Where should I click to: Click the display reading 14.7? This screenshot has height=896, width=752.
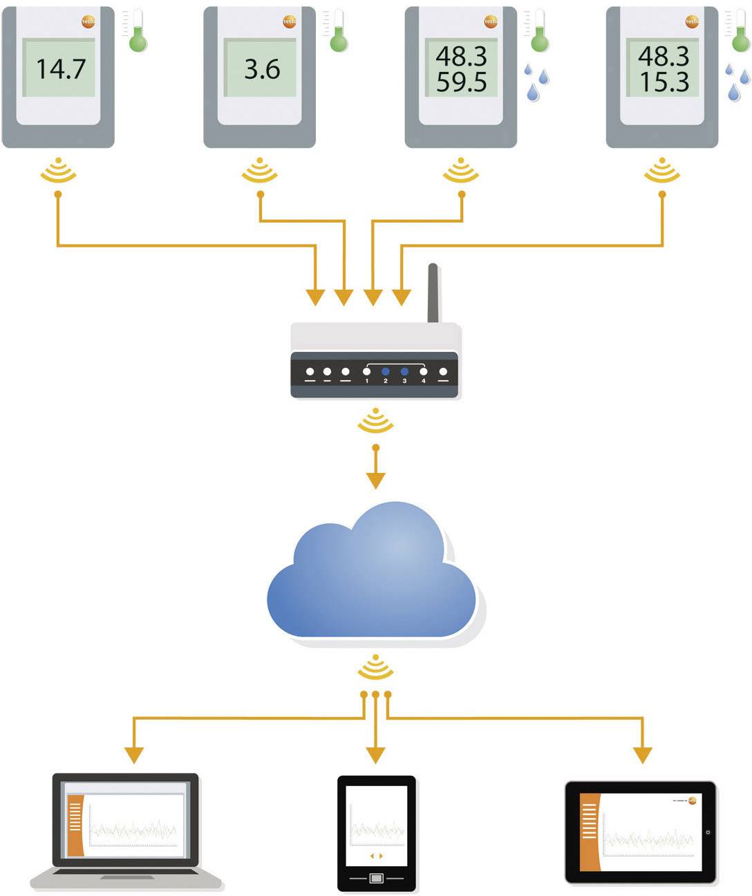[x=60, y=68]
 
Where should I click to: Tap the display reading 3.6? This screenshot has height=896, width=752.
[x=262, y=68]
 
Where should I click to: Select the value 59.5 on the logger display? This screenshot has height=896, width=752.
[x=461, y=82]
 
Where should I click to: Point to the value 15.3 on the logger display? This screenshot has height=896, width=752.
[x=663, y=82]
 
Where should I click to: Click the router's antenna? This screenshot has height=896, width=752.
[x=433, y=293]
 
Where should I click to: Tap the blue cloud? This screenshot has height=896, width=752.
[x=373, y=574]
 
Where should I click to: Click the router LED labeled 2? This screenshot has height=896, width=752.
[x=386, y=372]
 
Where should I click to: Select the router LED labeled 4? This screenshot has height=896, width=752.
[x=424, y=372]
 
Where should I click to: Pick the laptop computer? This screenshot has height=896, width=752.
[x=126, y=830]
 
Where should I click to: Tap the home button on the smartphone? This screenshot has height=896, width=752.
[x=376, y=878]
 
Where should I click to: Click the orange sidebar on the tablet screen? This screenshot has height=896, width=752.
[x=589, y=832]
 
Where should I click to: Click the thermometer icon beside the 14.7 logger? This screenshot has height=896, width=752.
[x=138, y=32]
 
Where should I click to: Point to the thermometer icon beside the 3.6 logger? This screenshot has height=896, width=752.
[x=338, y=32]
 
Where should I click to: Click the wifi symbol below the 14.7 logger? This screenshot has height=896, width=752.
[x=58, y=171]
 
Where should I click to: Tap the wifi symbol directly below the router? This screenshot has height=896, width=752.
[x=375, y=421]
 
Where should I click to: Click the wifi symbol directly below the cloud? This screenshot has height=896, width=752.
[x=375, y=667]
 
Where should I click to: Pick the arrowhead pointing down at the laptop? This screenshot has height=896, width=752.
[x=134, y=754]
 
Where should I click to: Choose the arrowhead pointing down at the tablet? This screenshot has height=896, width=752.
[x=642, y=754]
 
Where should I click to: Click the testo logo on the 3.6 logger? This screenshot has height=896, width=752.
[x=290, y=22]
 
